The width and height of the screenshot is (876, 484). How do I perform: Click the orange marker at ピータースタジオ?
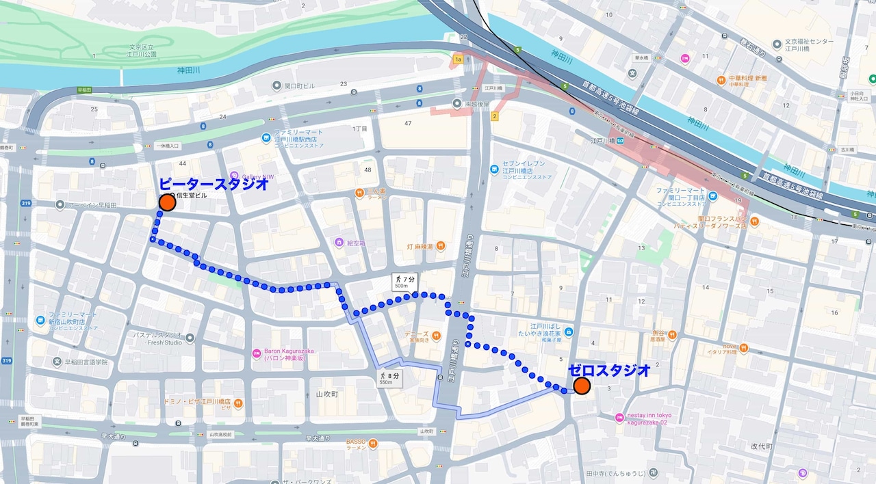[167, 202]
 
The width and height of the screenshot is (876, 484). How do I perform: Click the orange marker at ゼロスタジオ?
[582, 386]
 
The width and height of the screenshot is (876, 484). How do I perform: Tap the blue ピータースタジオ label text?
[213, 184]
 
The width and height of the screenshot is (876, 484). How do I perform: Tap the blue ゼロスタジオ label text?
[608, 370]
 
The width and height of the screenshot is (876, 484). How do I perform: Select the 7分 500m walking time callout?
[404, 282]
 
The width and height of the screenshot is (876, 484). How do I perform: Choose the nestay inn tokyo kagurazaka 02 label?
[647, 418]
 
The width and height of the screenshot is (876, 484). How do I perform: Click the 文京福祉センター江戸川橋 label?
[808, 45]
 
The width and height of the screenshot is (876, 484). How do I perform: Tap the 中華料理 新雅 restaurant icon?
[721, 81]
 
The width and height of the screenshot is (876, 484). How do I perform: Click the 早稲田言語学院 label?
[81, 362]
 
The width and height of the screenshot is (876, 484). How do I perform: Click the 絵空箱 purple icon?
[339, 243]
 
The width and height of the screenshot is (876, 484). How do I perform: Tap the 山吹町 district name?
[327, 395]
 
